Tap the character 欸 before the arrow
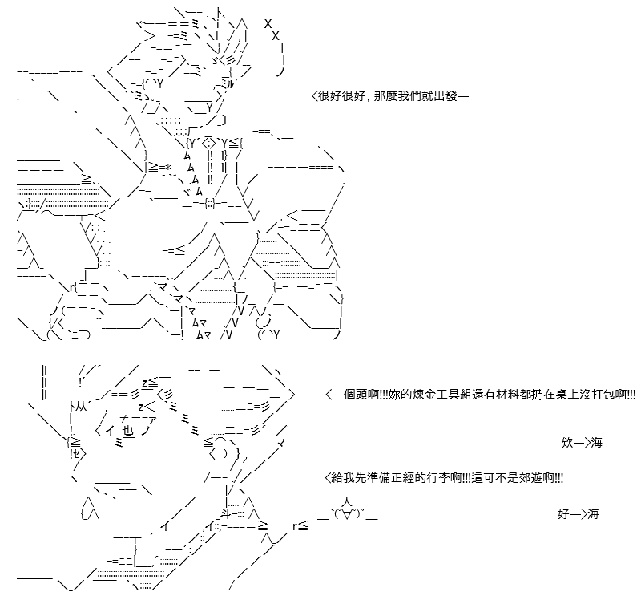[566, 443]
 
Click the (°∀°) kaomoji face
[348, 513]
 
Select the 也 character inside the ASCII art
[128, 432]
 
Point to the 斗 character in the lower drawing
[227, 513]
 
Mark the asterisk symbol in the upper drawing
[167, 167]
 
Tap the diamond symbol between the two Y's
[209, 144]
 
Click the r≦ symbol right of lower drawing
[300, 526]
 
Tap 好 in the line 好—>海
[563, 513]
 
